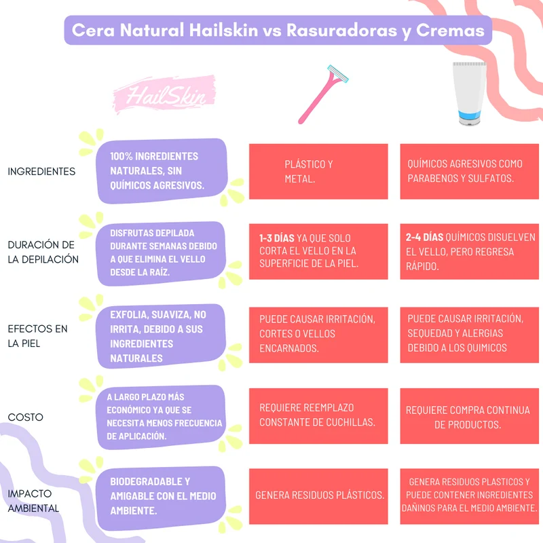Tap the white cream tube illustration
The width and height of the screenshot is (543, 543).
tap(470, 93)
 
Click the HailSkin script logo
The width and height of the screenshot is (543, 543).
tap(165, 94)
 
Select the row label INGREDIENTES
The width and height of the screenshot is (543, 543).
tap(41, 172)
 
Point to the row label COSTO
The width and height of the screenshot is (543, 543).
tap(25, 417)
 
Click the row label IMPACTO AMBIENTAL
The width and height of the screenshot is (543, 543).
tap(33, 501)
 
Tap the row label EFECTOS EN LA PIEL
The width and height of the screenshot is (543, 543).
tap(37, 336)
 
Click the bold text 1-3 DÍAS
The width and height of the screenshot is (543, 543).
tap(277, 238)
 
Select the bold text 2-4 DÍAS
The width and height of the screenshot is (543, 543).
tap(425, 237)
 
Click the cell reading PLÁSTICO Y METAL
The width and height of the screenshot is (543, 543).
tap(318, 172)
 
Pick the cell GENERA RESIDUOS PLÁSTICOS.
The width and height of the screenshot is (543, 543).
tap(318, 496)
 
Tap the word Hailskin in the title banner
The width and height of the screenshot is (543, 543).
tap(224, 30)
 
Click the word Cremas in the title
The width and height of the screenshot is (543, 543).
tap(450, 30)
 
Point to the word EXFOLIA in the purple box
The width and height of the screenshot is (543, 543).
tap(129, 315)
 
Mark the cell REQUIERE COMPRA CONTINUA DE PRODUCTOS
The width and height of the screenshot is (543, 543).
tap(469, 416)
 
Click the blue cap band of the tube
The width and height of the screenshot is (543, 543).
tap(470, 114)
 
